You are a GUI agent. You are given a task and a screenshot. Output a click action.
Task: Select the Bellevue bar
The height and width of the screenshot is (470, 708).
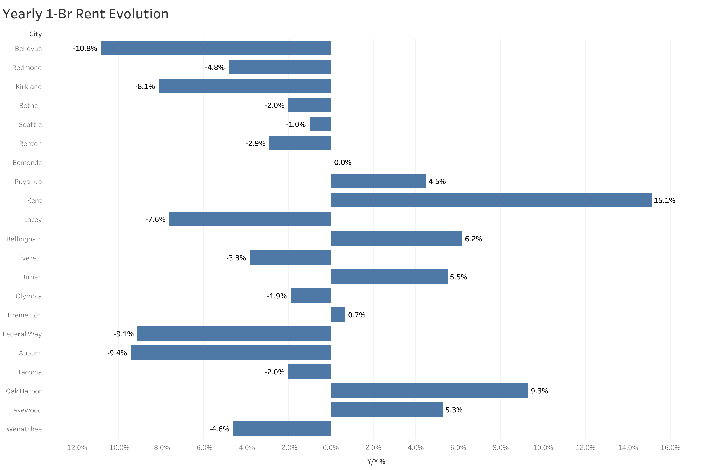tap(216, 48)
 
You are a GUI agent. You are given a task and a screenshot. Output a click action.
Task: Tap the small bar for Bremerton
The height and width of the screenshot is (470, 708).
tap(338, 314)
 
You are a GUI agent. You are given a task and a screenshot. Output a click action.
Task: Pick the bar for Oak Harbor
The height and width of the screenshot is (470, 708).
tap(429, 391)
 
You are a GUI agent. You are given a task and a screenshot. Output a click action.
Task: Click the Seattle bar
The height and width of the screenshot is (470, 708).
tap(320, 124)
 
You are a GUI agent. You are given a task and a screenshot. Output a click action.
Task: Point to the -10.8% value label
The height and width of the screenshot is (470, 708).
tap(85, 48)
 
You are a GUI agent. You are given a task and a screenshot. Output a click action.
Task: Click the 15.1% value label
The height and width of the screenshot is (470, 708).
tap(664, 200)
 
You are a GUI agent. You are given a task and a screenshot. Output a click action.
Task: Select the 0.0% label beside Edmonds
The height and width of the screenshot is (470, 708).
tap(343, 162)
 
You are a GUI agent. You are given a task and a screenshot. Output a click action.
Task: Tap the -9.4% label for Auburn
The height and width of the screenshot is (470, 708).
tap(117, 353)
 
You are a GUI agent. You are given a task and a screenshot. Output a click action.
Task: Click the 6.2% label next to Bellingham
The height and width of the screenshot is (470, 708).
tap(473, 239)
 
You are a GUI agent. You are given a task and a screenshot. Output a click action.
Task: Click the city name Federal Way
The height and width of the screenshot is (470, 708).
tap(22, 334)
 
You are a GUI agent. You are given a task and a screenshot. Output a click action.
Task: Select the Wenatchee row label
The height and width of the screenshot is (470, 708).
tap(24, 429)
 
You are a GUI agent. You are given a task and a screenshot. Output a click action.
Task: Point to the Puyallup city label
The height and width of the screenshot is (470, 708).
tap(28, 181)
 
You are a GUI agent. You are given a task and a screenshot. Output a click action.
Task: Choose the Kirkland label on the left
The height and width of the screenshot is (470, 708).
tap(29, 86)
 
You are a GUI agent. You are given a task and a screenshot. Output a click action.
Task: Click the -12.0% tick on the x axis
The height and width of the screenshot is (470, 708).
tap(76, 448)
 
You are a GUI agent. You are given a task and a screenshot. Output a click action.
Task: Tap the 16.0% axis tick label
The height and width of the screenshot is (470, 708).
tap(670, 448)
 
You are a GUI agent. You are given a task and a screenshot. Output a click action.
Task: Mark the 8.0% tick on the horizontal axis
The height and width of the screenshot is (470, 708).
tap(500, 448)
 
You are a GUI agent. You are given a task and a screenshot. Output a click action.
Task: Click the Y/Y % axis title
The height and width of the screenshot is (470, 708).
tap(376, 462)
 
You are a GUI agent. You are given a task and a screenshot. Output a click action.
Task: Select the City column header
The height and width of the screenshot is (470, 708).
tap(35, 34)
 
